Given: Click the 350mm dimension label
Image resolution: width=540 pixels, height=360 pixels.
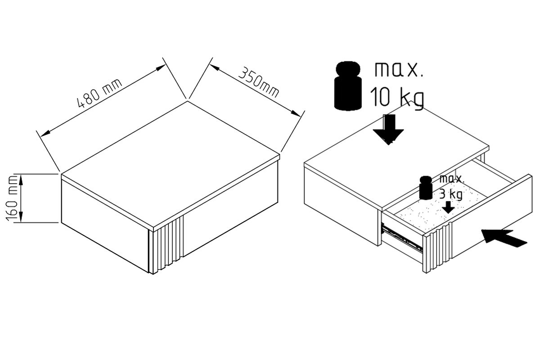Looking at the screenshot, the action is tap(259, 82).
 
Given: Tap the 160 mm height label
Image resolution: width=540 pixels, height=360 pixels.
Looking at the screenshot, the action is tap(12, 198).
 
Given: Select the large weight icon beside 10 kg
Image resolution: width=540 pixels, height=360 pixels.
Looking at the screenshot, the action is tap(348, 86).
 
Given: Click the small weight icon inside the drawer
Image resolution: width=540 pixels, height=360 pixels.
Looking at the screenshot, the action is tap(426, 188).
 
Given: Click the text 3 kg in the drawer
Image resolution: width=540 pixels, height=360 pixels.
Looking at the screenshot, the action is tap(451, 194).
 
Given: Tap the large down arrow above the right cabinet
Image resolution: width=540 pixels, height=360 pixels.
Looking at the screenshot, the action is tap(388, 130).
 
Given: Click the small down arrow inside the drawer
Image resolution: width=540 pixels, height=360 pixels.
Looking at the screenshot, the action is tap(448, 207).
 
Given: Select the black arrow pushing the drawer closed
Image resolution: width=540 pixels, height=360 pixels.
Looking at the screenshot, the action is tap(504, 238).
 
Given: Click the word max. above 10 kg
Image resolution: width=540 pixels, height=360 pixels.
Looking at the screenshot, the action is tap(399, 70).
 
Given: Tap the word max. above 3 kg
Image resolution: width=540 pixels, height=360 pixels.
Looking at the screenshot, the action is tap(452, 179).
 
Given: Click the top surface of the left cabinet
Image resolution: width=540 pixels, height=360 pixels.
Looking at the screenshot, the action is tap(171, 164).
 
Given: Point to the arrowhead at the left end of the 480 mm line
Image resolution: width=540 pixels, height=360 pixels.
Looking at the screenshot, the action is tap(45, 133).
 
